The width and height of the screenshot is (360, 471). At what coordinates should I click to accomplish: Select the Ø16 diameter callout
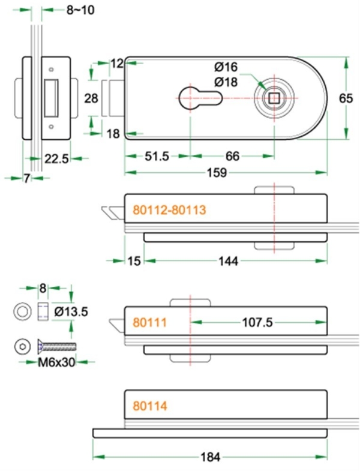coord(226,66)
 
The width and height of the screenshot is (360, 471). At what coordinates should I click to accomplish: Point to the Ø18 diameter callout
coord(226,81)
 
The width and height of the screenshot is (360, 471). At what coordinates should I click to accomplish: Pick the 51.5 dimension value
coord(157,157)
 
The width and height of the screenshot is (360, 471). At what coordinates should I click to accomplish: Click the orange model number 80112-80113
coord(169,210)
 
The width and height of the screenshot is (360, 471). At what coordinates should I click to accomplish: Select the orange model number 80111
coord(149,322)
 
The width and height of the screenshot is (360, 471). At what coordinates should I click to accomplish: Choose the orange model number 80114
coord(149,406)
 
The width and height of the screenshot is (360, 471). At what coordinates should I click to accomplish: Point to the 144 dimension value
coord(229,261)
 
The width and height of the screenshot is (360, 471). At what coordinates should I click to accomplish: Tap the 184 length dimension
coord(210,457)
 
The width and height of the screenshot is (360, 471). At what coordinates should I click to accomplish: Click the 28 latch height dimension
coord(91,98)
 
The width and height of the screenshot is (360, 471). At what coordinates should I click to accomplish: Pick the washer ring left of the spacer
coord(23,311)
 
